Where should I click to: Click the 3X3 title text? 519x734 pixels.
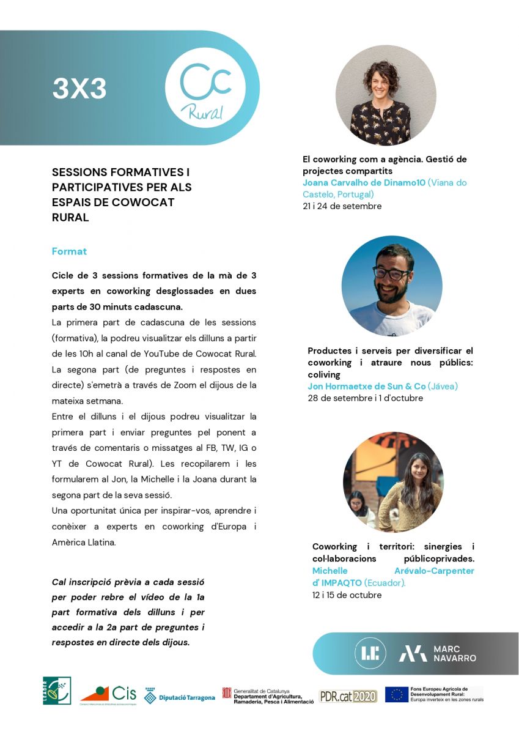(79, 89)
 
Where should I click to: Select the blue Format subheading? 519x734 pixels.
(69, 251)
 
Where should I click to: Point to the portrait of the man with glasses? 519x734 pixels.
(391, 286)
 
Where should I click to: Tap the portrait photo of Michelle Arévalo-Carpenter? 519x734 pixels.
(393, 482)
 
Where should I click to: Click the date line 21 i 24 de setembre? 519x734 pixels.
(342, 207)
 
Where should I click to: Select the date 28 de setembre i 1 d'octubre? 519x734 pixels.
(365, 398)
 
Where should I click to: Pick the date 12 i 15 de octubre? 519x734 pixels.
(347, 595)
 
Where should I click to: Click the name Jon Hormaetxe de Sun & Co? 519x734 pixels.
(366, 387)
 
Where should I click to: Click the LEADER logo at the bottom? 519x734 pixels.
(57, 691)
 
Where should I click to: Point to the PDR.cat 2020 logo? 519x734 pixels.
(348, 696)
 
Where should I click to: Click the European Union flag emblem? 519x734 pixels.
(396, 694)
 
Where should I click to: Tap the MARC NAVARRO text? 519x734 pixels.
(454, 653)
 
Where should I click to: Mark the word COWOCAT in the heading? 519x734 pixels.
(144, 202)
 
